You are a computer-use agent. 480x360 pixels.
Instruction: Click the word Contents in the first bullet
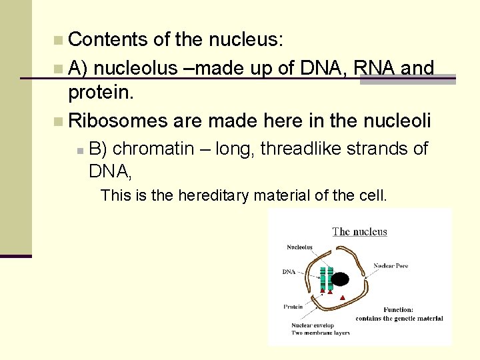coord(108,40)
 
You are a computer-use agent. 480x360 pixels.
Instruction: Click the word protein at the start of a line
coord(101,93)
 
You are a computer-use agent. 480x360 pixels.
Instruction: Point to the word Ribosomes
coord(118,121)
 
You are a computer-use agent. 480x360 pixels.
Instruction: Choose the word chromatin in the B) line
coord(153,148)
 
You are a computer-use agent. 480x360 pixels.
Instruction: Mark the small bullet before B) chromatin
coord(79,150)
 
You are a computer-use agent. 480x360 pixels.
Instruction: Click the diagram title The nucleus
coord(360,232)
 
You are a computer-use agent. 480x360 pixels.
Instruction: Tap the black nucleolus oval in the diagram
coord(340,279)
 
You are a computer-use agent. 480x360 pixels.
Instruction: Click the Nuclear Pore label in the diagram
coord(391,266)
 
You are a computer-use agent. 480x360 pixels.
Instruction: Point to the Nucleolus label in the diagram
coord(299,247)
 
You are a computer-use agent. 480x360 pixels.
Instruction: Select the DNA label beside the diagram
coord(289,272)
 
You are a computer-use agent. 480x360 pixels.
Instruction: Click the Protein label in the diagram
coord(293,307)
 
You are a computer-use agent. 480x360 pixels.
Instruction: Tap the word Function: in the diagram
coord(399,310)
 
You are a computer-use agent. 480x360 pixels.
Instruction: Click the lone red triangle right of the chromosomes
coord(343,297)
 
